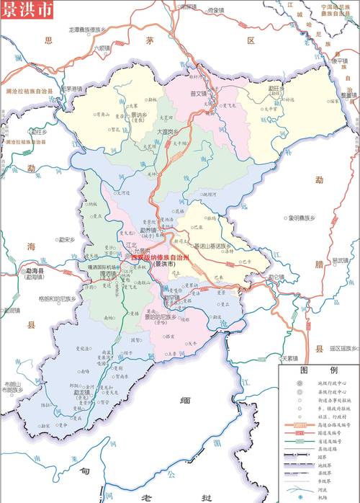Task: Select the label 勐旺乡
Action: [274, 90]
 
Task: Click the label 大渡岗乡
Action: [168, 132]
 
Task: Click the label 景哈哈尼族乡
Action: [161, 316]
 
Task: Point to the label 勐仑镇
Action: [276, 276]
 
